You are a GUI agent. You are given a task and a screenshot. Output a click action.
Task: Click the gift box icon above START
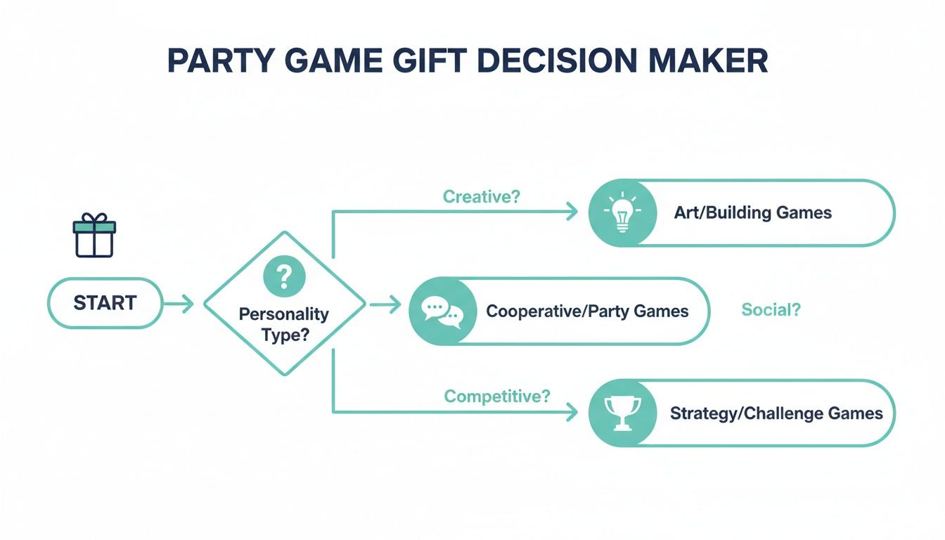pyautogui.click(x=94, y=236)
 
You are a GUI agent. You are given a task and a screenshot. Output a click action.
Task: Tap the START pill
pyautogui.click(x=105, y=303)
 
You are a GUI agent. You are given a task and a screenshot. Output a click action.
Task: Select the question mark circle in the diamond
pyautogui.click(x=284, y=276)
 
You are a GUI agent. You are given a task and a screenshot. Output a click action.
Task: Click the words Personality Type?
pyautogui.click(x=284, y=324)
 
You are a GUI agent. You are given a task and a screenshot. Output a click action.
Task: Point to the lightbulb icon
pyautogui.click(x=622, y=212)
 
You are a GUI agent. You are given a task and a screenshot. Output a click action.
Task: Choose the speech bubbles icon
pyautogui.click(x=442, y=311)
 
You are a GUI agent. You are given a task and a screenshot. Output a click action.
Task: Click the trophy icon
pyautogui.click(x=622, y=413)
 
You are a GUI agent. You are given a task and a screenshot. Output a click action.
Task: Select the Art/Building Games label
pyautogui.click(x=752, y=212)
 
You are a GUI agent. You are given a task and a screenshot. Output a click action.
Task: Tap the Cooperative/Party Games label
pyautogui.click(x=587, y=311)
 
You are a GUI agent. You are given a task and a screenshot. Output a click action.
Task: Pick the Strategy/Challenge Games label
pyautogui.click(x=776, y=413)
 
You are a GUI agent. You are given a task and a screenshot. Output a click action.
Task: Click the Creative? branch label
pyautogui.click(x=482, y=197)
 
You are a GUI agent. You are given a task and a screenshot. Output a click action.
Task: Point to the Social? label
pyautogui.click(x=771, y=310)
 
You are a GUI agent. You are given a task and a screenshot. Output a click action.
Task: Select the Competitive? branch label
pyautogui.click(x=497, y=397)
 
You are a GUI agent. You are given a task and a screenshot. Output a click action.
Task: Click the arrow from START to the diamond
pyautogui.click(x=179, y=304)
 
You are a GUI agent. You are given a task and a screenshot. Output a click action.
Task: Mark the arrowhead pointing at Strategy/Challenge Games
pyautogui.click(x=572, y=413)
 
